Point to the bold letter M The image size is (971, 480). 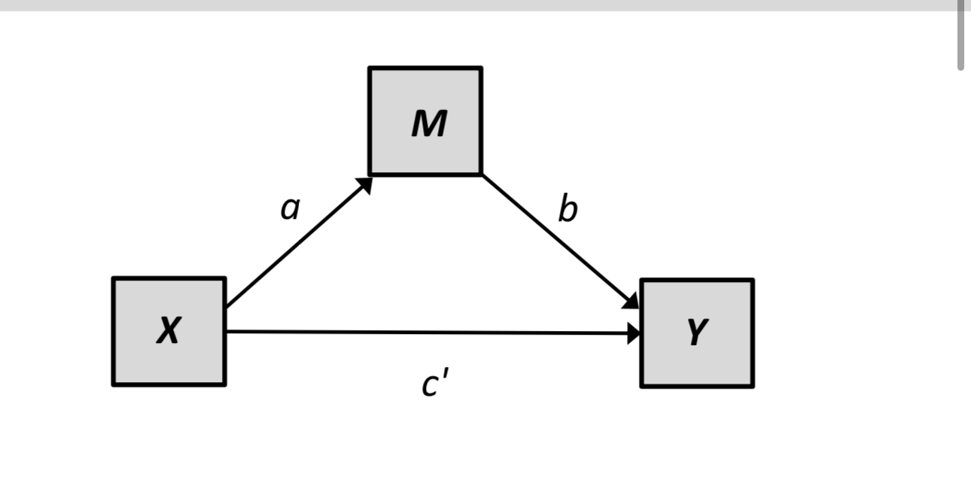pos(429,124)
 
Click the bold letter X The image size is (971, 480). pos(169,331)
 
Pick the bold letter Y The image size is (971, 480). pos(698,333)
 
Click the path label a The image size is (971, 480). pos(290,208)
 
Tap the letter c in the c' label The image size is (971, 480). pos(431,384)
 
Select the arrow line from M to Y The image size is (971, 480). pos(557,239)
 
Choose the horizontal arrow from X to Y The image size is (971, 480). pos(429,332)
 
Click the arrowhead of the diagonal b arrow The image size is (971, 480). pos(631,301)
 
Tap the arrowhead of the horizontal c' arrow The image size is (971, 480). pos(634,333)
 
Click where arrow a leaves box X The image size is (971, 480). pos(227,305)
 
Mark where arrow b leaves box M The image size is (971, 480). pos(484,176)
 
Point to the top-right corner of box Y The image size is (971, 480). pos(752,281)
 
